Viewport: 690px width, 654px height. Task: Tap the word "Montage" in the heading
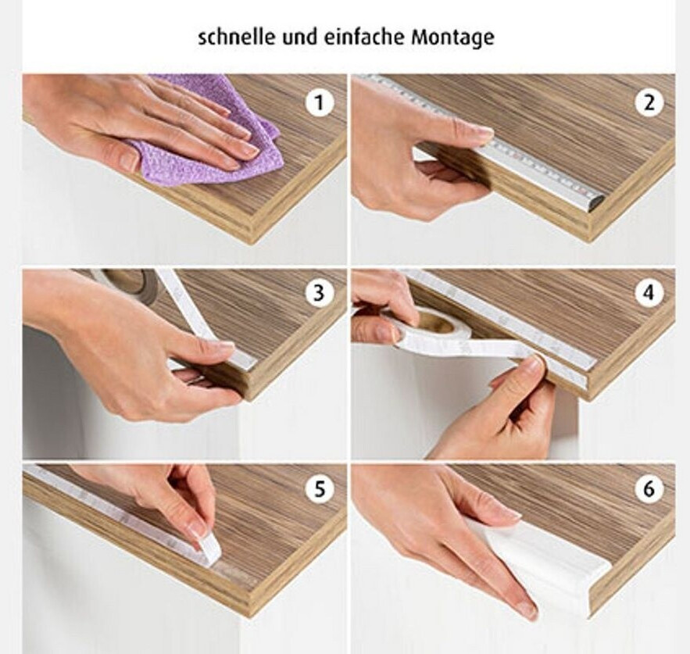click(x=452, y=38)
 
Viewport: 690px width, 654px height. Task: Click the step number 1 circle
click(x=319, y=102)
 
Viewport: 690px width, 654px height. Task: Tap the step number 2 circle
click(x=649, y=102)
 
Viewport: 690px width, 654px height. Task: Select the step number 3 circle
click(x=319, y=293)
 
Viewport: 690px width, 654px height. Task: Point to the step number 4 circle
click(x=649, y=293)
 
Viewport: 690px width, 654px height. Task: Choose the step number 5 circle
click(x=319, y=488)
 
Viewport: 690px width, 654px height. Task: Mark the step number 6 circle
click(x=649, y=488)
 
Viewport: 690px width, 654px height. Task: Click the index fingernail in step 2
click(x=484, y=131)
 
